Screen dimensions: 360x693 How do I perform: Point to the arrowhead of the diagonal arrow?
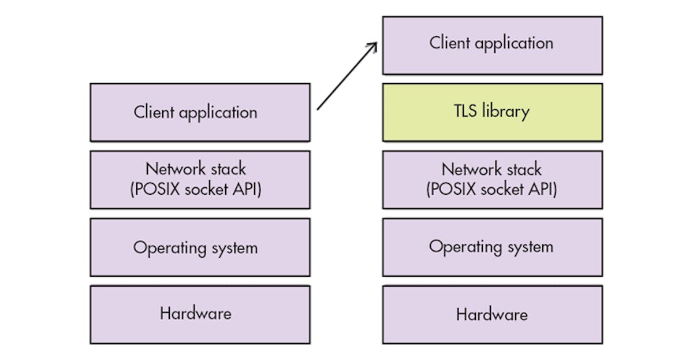tap(376, 43)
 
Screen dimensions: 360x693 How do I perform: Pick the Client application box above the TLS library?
tap(492, 45)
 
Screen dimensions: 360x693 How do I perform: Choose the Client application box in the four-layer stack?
tap(200, 112)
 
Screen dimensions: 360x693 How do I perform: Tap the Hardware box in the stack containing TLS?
tap(492, 314)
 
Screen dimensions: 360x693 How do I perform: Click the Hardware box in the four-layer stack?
tap(200, 314)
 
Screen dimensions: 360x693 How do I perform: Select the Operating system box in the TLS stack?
tap(492, 247)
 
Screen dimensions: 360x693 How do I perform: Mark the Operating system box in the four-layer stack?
tap(200, 247)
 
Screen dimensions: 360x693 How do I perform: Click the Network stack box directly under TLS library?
tap(492, 180)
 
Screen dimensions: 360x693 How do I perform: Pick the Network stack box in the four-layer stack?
tap(200, 180)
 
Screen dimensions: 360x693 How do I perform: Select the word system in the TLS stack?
tap(527, 247)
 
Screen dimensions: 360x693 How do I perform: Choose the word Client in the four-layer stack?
tap(154, 112)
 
